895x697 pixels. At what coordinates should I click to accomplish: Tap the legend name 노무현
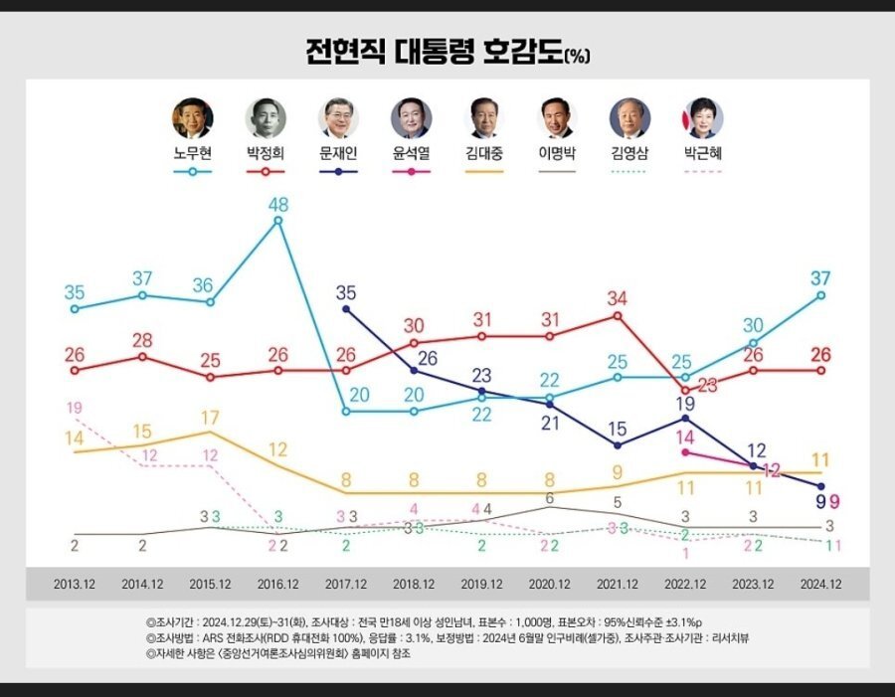pyautogui.click(x=192, y=154)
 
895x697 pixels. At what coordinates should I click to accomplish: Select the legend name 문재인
pyautogui.click(x=338, y=154)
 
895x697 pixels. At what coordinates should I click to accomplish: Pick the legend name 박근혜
pyautogui.click(x=704, y=154)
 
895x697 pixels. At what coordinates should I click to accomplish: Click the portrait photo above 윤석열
pyautogui.click(x=411, y=118)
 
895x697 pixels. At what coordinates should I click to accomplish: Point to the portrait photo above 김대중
pyautogui.click(x=484, y=118)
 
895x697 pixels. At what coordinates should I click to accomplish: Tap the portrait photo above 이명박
pyautogui.click(x=558, y=118)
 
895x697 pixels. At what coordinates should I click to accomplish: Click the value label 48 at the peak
pyautogui.click(x=277, y=204)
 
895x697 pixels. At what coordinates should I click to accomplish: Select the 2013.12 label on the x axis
pyautogui.click(x=75, y=585)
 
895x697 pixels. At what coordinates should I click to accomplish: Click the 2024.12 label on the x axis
pyautogui.click(x=820, y=585)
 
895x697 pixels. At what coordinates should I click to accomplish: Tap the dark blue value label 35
pyautogui.click(x=345, y=292)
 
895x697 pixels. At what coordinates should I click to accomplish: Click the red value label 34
pyautogui.click(x=618, y=298)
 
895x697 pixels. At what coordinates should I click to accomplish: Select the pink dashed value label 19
pyautogui.click(x=74, y=408)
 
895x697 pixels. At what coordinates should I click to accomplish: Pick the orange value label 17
pyautogui.click(x=210, y=417)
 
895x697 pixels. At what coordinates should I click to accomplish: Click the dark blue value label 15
pyautogui.click(x=618, y=430)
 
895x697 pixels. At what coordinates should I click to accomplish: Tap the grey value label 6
pyautogui.click(x=549, y=497)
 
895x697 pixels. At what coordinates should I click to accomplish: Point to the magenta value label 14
pyautogui.click(x=685, y=436)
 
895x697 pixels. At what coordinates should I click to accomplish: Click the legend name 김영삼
pyautogui.click(x=630, y=154)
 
